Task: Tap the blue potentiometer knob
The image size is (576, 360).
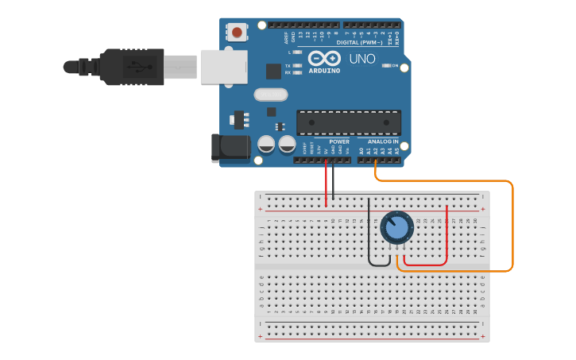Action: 396,228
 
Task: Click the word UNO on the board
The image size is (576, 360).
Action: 362,59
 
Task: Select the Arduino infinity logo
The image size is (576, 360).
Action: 324,59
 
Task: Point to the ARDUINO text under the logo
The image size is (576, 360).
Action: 324,71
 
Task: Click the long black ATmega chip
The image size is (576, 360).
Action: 348,122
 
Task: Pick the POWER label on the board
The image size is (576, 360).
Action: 339,141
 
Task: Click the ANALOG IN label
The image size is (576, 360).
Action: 384,141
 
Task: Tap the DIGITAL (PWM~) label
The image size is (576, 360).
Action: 358,42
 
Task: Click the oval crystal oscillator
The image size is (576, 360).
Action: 270,95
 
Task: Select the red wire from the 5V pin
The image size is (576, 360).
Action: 326,181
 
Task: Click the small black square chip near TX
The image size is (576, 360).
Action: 274,72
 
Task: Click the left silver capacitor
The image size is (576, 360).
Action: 266,145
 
